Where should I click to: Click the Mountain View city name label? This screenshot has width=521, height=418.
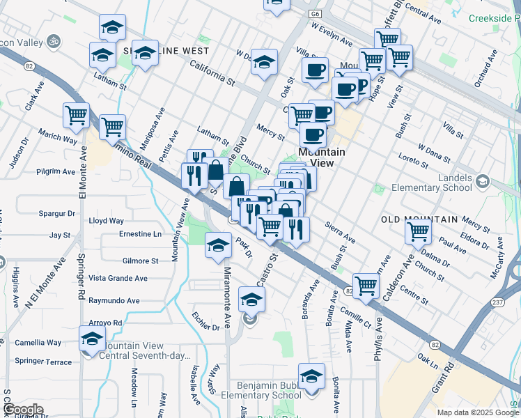322,157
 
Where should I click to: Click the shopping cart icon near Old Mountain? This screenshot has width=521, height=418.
418,231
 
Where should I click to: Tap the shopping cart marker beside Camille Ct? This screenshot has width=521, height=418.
366,284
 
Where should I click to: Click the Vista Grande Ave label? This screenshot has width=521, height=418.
118,278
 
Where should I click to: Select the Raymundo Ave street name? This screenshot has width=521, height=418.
114,301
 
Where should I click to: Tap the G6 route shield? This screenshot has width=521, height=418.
318,13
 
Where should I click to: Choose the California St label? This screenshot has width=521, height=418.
212,72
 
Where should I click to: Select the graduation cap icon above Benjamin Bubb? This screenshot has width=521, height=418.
311,376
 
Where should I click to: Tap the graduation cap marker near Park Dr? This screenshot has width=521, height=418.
218,245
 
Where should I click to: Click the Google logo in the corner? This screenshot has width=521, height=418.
22,410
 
